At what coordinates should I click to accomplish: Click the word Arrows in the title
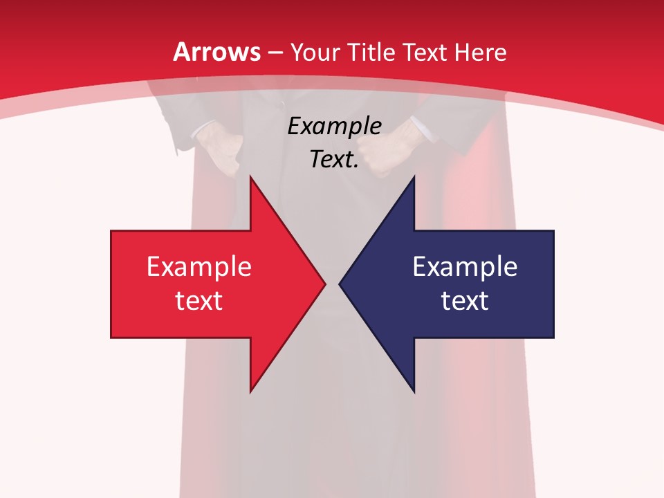click(216, 52)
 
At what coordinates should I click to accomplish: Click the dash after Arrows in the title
click(275, 53)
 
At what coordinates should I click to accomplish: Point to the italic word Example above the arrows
click(334, 127)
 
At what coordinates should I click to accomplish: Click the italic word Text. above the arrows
click(334, 160)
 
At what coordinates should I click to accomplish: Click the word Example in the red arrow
click(199, 267)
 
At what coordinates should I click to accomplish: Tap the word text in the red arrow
click(199, 301)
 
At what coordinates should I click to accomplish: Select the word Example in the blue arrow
click(465, 267)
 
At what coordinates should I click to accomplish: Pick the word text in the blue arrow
click(465, 301)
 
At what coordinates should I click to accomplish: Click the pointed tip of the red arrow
click(324, 284)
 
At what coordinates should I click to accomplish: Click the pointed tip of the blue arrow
click(341, 284)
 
